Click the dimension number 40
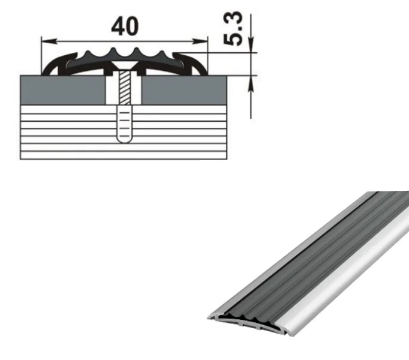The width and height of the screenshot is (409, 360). click(x=125, y=26)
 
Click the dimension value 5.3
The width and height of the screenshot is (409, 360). click(x=233, y=29)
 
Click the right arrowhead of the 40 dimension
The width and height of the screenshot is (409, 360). click(x=200, y=41)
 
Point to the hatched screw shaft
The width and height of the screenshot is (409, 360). click(x=124, y=88)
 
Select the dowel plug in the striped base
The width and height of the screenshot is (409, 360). click(x=124, y=124)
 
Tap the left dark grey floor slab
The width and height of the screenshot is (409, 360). click(x=63, y=90)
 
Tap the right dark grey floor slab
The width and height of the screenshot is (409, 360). click(x=184, y=90)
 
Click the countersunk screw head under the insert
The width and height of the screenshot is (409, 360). click(x=124, y=66)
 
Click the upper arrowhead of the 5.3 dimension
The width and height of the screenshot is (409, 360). click(x=251, y=45)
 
